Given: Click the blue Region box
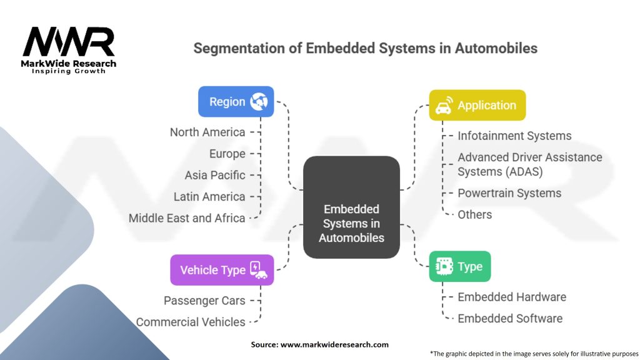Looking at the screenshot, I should (236, 102).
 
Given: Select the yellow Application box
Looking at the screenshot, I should (477, 105).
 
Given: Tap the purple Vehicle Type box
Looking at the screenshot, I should (222, 270).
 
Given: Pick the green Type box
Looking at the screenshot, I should (460, 267).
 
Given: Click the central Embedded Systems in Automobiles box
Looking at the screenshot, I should (351, 207).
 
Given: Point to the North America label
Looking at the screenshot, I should (207, 132).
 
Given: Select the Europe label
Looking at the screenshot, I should (227, 154).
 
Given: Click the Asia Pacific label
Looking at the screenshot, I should (215, 175).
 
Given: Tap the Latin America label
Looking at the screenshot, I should (209, 197).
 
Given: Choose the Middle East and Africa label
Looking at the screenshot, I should (187, 218).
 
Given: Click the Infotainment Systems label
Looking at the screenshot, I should (514, 136).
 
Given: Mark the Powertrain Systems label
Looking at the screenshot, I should (509, 193).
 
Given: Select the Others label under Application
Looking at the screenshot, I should (475, 214).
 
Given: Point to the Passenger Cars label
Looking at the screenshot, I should (204, 301).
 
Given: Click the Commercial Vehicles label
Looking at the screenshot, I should (191, 322).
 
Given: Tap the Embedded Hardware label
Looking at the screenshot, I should (512, 297).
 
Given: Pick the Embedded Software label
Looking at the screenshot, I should (510, 318).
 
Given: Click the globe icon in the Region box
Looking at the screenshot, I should (259, 102).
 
